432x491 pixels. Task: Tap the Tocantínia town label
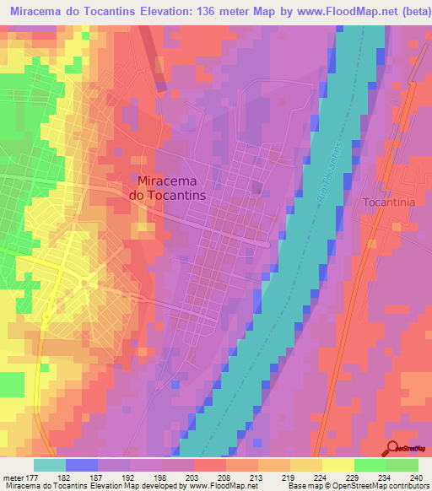coord(389,203)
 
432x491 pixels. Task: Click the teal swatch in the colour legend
coord(50,465)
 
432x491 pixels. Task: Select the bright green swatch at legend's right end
coord(402,465)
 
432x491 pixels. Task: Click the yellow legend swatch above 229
coord(338,465)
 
